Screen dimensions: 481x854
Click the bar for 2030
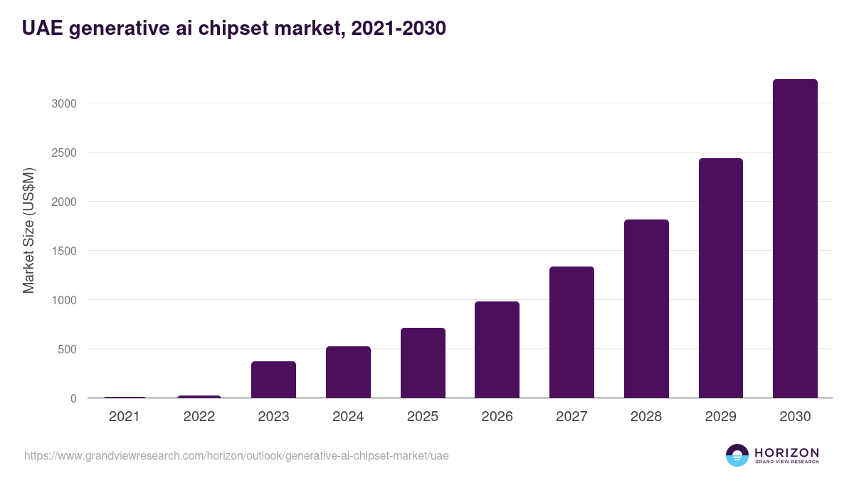tap(795, 239)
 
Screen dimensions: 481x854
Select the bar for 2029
tap(720, 278)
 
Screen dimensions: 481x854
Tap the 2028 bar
tap(646, 309)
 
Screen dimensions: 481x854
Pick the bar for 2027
tap(571, 332)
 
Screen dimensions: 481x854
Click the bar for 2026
tap(497, 350)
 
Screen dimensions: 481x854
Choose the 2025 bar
tap(423, 363)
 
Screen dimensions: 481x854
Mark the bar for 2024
tap(348, 372)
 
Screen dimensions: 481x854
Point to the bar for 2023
tap(273, 380)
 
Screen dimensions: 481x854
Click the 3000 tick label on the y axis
tap(63, 103)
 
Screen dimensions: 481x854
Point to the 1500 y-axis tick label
tap(63, 251)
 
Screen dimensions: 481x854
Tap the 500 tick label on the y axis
tap(67, 349)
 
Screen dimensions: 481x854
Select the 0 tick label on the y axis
tap(73, 398)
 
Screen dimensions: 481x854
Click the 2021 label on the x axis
tap(125, 417)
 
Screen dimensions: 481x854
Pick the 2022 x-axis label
tap(199, 417)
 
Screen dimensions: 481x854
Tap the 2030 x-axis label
tap(795, 417)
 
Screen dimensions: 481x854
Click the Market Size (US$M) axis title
tap(28, 229)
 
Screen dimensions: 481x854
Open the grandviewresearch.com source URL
tap(236, 455)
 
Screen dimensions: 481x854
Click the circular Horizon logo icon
tap(737, 455)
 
